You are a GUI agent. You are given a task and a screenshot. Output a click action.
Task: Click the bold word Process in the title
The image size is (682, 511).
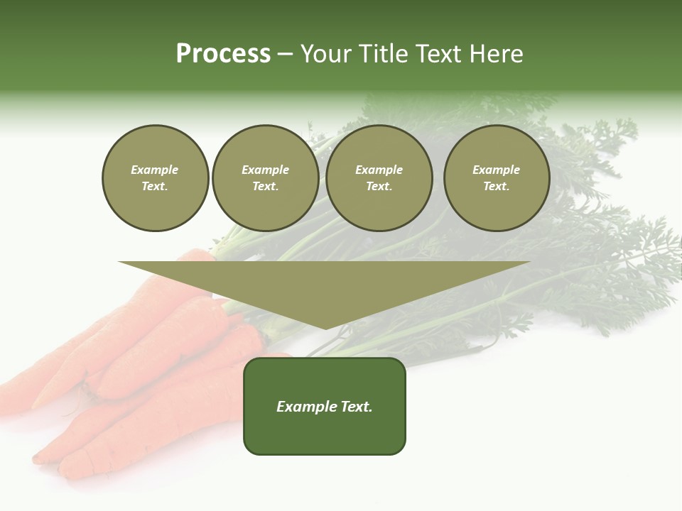point(223,54)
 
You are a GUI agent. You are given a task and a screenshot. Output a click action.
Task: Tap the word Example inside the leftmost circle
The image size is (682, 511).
point(155,170)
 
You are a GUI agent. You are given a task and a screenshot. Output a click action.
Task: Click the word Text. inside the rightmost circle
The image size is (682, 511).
point(497,186)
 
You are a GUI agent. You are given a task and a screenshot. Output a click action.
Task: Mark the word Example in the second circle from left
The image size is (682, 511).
point(266,170)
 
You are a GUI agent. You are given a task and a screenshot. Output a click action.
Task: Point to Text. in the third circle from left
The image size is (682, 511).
point(379,186)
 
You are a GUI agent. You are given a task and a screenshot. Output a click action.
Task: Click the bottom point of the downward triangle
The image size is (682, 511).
point(325,328)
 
